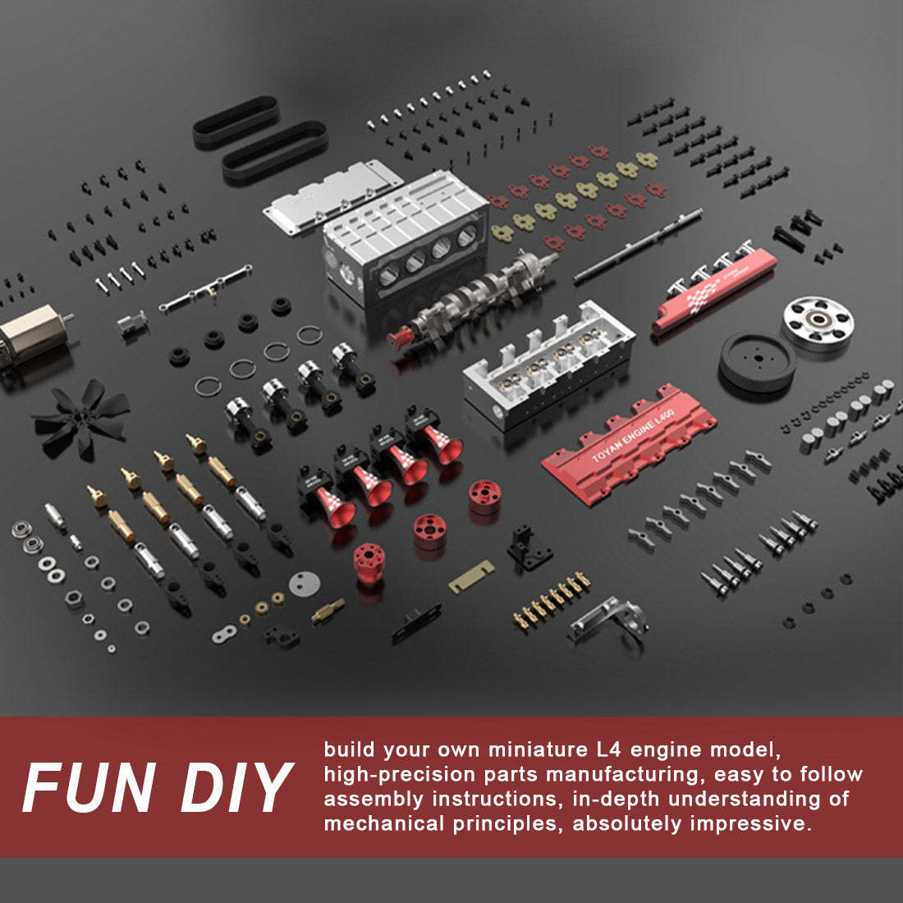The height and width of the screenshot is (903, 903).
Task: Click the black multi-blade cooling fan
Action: coord(82,419)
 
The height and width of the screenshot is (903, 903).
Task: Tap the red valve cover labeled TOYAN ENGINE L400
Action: coord(630,444)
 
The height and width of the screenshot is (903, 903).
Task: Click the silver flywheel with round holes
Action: coord(818,323)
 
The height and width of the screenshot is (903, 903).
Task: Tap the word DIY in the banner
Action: coord(236,787)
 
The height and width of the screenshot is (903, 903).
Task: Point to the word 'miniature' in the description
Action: coord(538,749)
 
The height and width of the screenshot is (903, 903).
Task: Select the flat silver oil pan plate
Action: coord(332,196)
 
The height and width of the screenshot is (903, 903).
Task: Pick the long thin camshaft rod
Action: coord(638,246)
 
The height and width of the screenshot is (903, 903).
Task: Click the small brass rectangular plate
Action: coord(472,576)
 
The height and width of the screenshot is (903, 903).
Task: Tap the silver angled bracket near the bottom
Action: coord(609,624)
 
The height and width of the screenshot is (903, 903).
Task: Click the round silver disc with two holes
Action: coord(305,584)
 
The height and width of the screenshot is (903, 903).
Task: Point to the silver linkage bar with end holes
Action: coord(205,288)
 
